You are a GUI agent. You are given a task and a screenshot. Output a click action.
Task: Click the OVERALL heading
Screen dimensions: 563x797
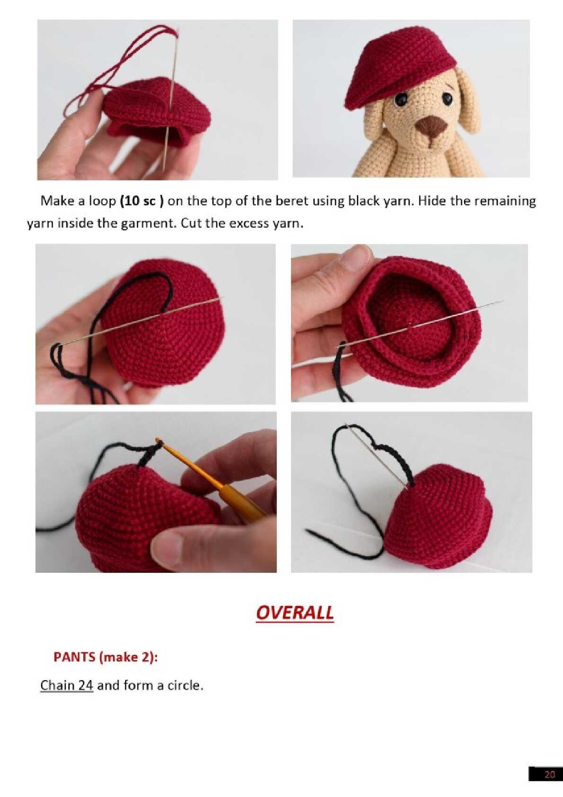(295, 613)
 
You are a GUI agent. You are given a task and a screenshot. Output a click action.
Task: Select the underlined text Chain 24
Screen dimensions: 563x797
(67, 685)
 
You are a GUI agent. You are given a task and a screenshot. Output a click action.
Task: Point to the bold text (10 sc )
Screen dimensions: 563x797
(142, 201)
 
